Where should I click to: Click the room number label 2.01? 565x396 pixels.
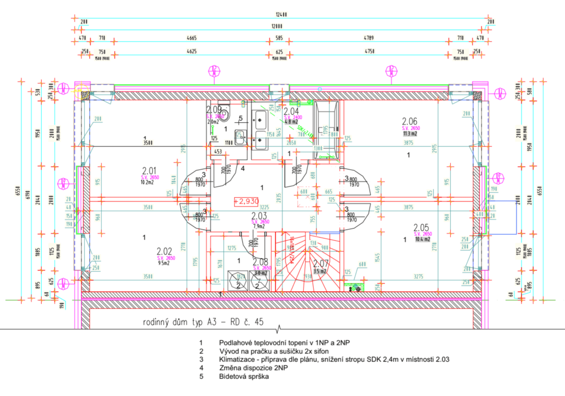pos(149,171)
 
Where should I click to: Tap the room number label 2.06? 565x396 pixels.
pos(409,121)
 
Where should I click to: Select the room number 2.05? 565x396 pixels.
pos(421,227)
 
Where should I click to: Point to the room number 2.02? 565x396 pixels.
pos(164,251)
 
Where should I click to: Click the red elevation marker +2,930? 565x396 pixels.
pos(246,201)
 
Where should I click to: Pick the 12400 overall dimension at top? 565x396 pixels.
pos(281,15)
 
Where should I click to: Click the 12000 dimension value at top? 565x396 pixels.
pos(277,26)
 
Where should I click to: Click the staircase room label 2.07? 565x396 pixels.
pos(321,263)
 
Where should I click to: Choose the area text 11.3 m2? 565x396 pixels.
pos(410,134)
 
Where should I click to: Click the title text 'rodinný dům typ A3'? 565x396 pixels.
pos(180,322)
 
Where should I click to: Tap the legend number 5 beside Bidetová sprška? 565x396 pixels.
pos(201,377)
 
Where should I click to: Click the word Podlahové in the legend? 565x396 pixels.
pos(235,343)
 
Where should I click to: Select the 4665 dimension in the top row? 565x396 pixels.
pos(192,38)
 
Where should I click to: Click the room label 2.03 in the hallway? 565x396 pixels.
pos(259,216)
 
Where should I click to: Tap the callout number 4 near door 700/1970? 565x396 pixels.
pos(243,169)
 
